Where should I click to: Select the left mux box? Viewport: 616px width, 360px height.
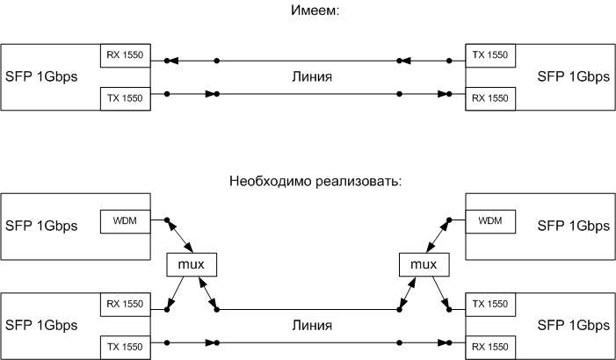191,263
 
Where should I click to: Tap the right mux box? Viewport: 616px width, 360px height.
423,263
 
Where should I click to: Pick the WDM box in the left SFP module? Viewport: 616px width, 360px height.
127,219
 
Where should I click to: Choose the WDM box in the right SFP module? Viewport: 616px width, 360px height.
489,219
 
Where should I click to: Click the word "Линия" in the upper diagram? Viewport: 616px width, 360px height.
311,76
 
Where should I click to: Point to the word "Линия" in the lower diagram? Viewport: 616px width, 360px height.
311,325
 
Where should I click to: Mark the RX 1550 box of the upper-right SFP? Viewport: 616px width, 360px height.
489,97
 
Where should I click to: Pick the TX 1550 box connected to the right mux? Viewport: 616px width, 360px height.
489,304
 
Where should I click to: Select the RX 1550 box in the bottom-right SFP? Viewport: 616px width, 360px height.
489,346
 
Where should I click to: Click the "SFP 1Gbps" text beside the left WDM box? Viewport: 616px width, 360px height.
41,226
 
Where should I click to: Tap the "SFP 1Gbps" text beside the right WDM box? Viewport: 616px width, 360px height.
573,226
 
